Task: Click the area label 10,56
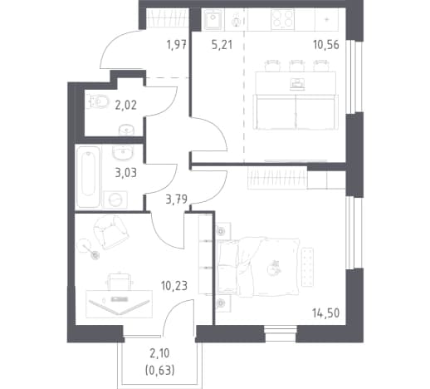(x=326, y=45)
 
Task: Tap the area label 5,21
(x=222, y=45)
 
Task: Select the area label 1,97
(x=177, y=45)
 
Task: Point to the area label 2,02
(x=126, y=106)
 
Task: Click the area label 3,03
(x=126, y=173)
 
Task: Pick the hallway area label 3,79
(x=177, y=199)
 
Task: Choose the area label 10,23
(x=174, y=286)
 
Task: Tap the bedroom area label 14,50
(x=326, y=313)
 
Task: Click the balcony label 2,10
(x=159, y=353)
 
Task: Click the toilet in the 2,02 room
(x=97, y=102)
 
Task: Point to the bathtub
(x=88, y=177)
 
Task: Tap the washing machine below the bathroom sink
(x=115, y=199)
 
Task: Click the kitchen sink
(x=213, y=19)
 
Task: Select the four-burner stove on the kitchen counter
(x=282, y=19)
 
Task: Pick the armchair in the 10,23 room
(x=110, y=232)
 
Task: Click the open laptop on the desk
(x=119, y=306)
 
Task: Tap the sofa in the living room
(x=296, y=112)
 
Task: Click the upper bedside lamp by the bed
(x=222, y=230)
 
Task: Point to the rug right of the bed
(x=307, y=267)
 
